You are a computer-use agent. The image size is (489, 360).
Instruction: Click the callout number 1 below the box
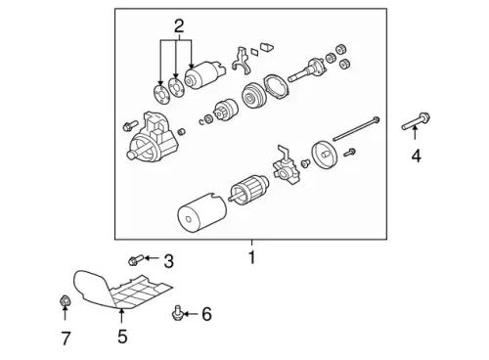point(251,257)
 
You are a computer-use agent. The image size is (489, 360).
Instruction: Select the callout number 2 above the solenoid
point(179,26)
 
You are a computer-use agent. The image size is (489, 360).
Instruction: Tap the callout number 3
point(168,261)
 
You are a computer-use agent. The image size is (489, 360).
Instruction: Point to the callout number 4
point(416,156)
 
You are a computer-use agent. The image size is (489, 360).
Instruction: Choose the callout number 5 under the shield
point(122,337)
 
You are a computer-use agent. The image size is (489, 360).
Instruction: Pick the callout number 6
point(206,314)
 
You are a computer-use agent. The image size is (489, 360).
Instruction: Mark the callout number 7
point(66,338)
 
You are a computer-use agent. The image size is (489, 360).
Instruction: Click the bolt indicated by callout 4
point(416,121)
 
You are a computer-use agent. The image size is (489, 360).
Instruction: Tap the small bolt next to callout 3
point(136,260)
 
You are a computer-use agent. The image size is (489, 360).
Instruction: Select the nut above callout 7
point(66,300)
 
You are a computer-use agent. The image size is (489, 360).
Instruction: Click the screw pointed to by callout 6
point(177,313)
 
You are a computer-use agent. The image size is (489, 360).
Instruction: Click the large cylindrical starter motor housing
point(202,213)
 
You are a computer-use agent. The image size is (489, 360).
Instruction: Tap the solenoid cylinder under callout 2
point(203,75)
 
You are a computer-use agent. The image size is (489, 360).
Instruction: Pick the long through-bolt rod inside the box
point(356,129)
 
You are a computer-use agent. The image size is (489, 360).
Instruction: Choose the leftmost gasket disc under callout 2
point(161,94)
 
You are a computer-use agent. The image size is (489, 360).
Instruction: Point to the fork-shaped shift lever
point(242,60)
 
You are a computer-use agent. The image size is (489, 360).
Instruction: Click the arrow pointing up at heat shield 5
point(121,316)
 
